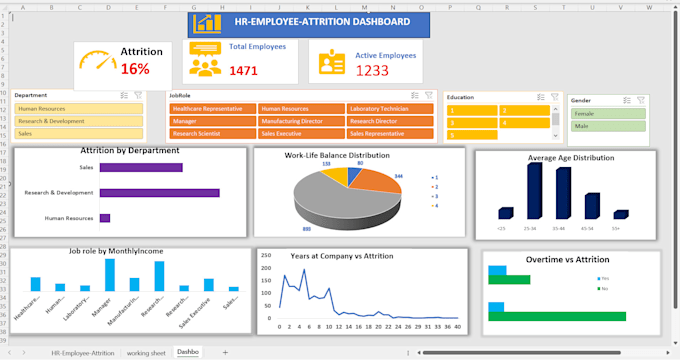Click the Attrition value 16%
tap(135, 69)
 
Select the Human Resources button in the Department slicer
tap(78, 108)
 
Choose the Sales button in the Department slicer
tap(78, 133)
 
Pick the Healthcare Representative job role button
tap(212, 108)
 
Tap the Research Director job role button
tap(390, 120)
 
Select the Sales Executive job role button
tap(301, 133)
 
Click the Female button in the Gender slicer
tap(607, 114)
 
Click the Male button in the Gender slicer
tap(607, 127)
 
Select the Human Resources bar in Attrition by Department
tap(104, 217)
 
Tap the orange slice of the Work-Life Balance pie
tap(370, 181)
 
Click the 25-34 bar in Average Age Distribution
tap(534, 190)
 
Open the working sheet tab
tap(146, 353)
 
